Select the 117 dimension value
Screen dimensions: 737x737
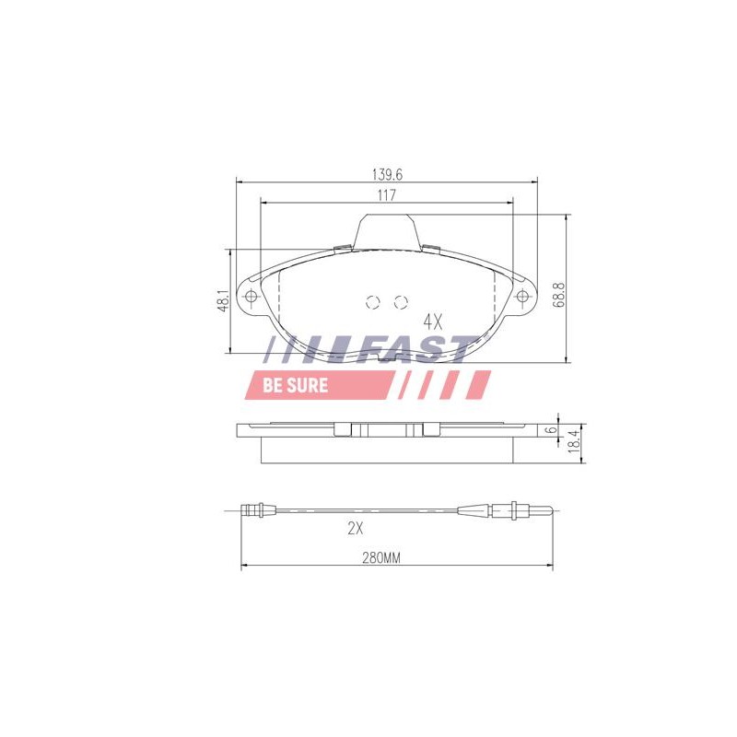[x=387, y=194]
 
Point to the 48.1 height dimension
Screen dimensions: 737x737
[x=222, y=301]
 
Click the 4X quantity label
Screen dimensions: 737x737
[x=433, y=322]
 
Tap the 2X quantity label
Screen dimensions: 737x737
[x=357, y=529]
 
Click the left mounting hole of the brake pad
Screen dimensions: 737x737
[x=252, y=297]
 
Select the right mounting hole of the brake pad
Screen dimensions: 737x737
[x=523, y=297]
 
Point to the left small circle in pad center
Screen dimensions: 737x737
[x=373, y=301]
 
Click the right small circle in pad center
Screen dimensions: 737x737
[x=400, y=301]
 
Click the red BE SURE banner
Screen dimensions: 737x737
[x=295, y=385]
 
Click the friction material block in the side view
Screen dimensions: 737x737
[x=387, y=449]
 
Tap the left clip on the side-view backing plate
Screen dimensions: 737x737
[x=342, y=430]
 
